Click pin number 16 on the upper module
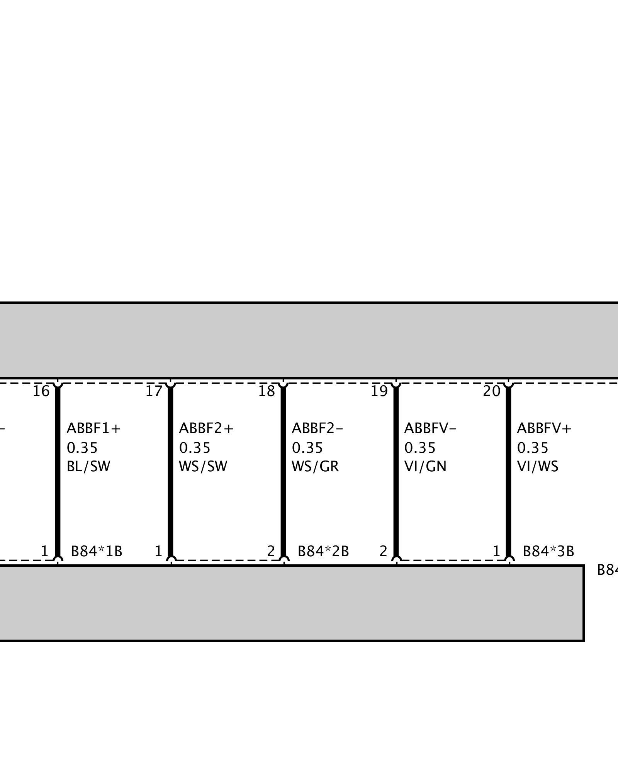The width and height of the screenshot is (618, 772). pos(41,391)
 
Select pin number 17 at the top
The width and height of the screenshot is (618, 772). pos(154,391)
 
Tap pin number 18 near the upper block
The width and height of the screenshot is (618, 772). pos(267,391)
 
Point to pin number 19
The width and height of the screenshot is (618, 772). pos(379,391)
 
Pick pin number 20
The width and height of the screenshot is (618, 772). pos(492,391)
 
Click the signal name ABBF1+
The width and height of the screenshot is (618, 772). pos(94,428)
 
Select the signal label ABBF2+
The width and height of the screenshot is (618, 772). pos(206,428)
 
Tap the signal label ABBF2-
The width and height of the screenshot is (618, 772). pos(317,428)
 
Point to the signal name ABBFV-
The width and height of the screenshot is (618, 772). pos(430,428)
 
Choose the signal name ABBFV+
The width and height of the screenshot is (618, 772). pos(544,428)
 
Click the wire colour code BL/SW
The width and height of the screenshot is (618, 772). pos(88,467)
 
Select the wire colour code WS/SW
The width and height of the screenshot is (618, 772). pos(203,467)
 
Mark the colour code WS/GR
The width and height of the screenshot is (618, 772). pos(315,467)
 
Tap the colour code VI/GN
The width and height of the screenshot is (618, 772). pos(425,467)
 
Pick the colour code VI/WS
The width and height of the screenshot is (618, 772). pos(538,467)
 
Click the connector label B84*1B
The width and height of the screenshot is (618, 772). pos(97,552)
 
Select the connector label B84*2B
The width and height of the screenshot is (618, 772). pos(323,552)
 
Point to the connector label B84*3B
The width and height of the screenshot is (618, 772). pos(548,552)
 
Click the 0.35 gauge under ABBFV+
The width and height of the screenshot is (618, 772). pos(533,448)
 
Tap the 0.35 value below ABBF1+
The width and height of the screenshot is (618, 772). pos(82,448)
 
